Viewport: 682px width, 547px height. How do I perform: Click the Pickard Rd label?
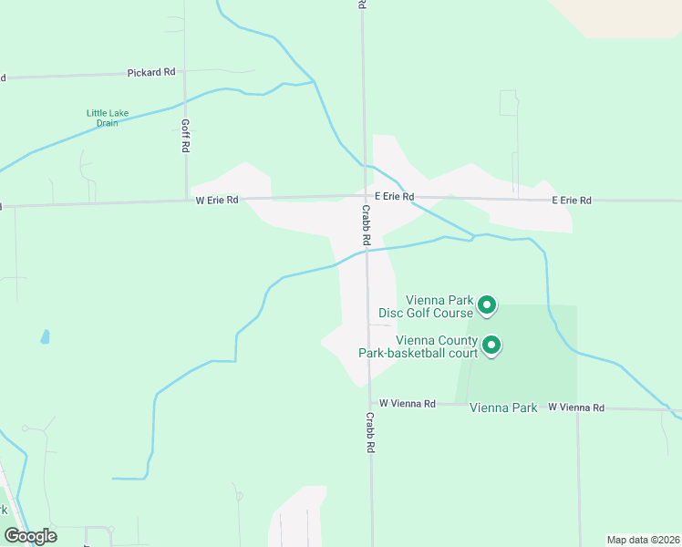(x=151, y=71)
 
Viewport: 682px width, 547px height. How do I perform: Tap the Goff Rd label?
(x=185, y=134)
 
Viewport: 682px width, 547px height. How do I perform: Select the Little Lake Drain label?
(x=108, y=119)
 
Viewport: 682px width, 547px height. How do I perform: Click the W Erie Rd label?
(x=217, y=199)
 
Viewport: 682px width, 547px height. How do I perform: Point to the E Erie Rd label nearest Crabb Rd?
(x=394, y=197)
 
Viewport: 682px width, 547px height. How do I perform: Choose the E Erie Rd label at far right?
(x=572, y=200)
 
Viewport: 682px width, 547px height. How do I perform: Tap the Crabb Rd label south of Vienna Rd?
(x=370, y=433)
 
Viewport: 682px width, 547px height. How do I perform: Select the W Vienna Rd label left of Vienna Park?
(x=408, y=402)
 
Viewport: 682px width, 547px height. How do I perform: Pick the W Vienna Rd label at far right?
(x=576, y=408)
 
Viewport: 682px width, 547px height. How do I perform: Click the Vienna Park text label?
(x=503, y=408)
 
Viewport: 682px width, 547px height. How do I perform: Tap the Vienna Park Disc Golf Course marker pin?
(x=487, y=305)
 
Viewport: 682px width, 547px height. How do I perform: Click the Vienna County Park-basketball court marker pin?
(x=491, y=346)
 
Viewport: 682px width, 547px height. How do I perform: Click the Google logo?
(x=30, y=536)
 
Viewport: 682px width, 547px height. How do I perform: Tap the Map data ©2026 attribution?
(x=643, y=540)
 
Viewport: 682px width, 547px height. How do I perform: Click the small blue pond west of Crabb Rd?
(x=44, y=337)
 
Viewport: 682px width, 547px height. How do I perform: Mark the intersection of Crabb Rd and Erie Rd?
(x=364, y=197)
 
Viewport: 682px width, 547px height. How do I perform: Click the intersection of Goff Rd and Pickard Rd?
(x=184, y=72)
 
